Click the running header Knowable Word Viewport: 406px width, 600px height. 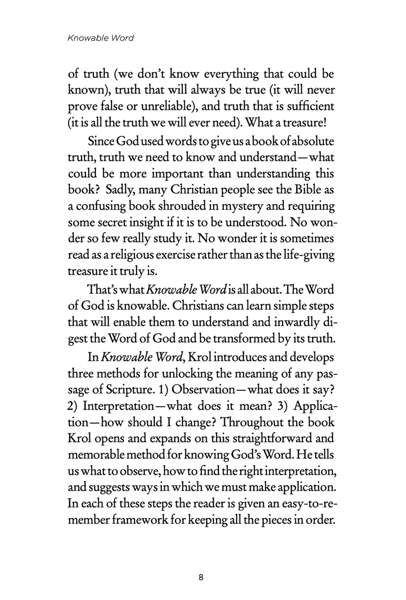[100, 38]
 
